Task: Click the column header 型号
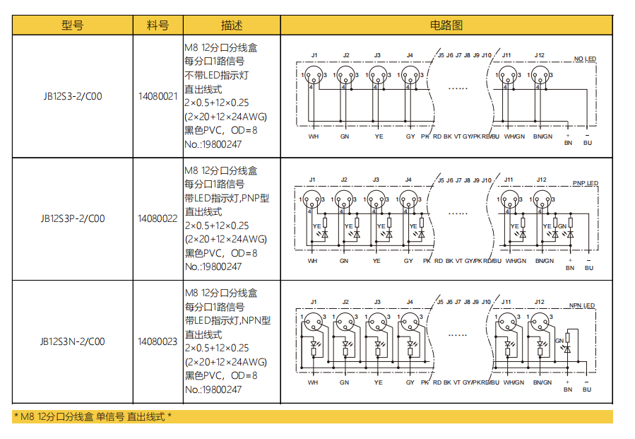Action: [x=73, y=25]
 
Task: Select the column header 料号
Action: [x=158, y=25]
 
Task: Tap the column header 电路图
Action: [x=446, y=25]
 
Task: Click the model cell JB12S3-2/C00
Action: [x=73, y=96]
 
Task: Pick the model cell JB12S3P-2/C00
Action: [x=73, y=218]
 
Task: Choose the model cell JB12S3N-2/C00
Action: [x=73, y=341]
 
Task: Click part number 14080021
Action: [x=158, y=96]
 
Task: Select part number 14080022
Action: [x=158, y=218]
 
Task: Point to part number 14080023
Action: [x=158, y=341]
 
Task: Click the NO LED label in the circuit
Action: [x=585, y=59]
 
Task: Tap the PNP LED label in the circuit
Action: [x=585, y=184]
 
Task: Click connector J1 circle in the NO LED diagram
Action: [x=314, y=76]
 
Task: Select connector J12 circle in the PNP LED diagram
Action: [x=541, y=200]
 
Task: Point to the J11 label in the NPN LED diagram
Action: [x=506, y=302]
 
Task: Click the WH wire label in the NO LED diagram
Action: [x=313, y=136]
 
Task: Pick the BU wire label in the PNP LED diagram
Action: [x=589, y=268]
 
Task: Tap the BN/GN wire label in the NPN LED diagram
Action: [x=542, y=382]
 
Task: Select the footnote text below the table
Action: [x=93, y=417]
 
